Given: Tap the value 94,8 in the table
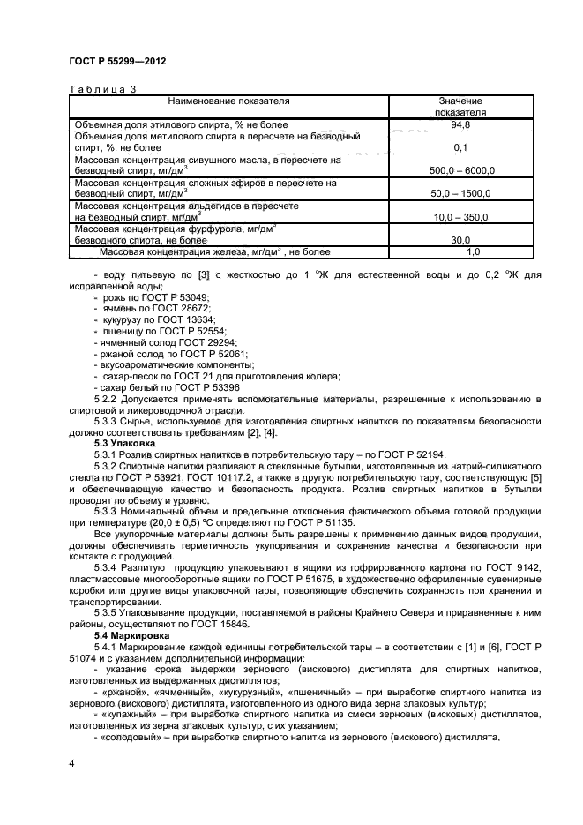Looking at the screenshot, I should [460, 125].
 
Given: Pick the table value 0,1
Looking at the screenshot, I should [460, 147].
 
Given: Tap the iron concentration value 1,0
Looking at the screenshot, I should [460, 251].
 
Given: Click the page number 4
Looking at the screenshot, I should [71, 761].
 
